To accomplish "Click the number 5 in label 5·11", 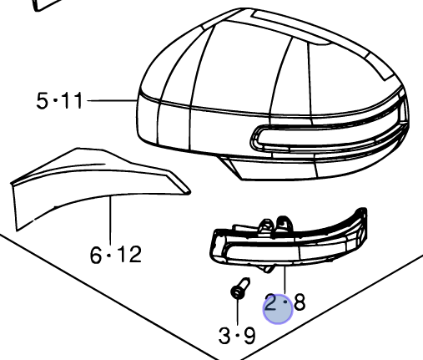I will [x=43, y=101].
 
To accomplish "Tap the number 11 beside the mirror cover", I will [x=73, y=101].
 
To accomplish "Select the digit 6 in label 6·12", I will [x=96, y=255].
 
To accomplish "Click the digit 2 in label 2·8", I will [x=272, y=302].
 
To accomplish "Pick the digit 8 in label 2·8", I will [x=299, y=301].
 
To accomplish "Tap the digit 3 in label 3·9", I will [x=224, y=336].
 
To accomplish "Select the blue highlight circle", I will [x=278, y=308].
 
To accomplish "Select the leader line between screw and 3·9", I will [x=238, y=313].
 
